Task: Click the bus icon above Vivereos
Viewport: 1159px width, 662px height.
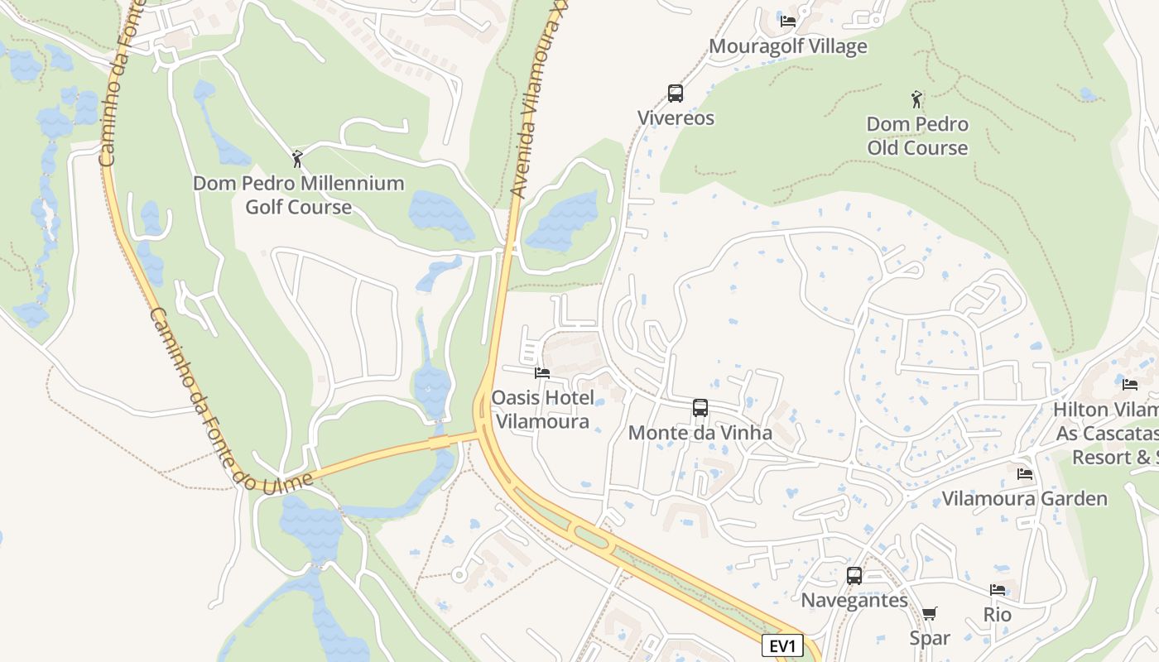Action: [x=676, y=93]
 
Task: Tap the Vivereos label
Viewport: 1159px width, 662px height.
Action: [x=676, y=118]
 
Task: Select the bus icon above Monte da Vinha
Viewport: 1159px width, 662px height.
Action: [x=700, y=407]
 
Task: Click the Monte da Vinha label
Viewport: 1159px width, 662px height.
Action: [x=700, y=433]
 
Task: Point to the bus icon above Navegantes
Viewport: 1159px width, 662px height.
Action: [x=854, y=575]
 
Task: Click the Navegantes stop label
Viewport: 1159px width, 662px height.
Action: [x=854, y=600]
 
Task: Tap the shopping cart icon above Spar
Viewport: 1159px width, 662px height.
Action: [x=930, y=613]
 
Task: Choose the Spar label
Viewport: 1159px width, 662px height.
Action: [x=930, y=638]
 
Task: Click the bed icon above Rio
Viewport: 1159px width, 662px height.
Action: [x=998, y=590]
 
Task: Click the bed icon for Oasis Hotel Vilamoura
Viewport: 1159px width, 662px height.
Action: [x=542, y=373]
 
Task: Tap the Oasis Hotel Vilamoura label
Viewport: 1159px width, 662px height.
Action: [x=542, y=410]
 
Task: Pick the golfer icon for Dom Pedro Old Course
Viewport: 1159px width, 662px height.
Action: [x=916, y=100]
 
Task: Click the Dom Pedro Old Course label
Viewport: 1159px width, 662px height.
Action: [x=917, y=137]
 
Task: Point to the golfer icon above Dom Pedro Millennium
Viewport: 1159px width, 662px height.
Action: [x=298, y=158]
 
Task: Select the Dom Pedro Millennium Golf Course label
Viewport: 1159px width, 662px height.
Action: [x=298, y=195]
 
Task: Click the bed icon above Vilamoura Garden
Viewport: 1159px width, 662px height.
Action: [x=1025, y=474]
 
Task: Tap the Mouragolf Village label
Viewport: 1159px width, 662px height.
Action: [x=788, y=46]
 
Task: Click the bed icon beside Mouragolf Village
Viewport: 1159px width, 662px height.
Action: [x=788, y=21]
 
